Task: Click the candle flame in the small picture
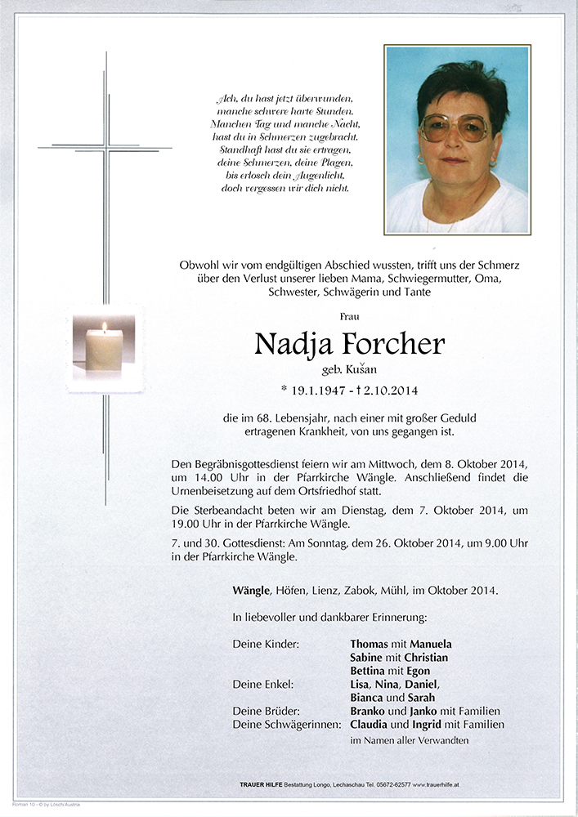click(x=104, y=328)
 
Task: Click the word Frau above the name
click(x=349, y=315)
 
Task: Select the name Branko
click(x=370, y=711)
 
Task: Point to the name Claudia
click(x=372, y=724)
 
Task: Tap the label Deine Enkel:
click(x=263, y=684)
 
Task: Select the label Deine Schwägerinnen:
click(x=283, y=724)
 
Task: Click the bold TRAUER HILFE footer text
click(x=260, y=784)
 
